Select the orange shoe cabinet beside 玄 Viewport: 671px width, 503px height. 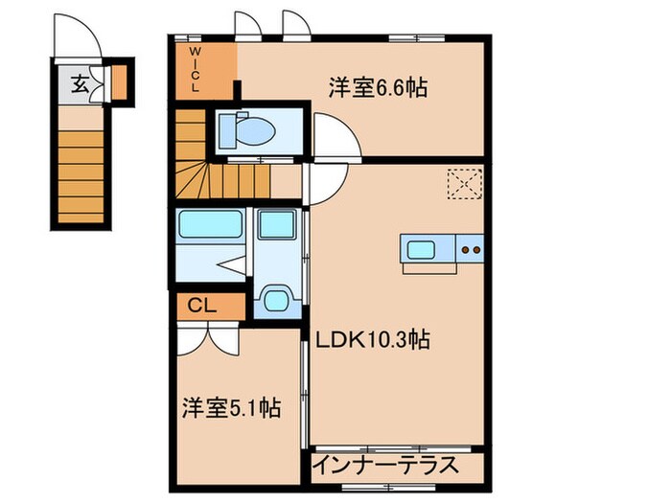pyautogui.click(x=119, y=82)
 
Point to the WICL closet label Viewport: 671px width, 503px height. pyautogui.click(x=195, y=69)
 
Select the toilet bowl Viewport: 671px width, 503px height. pyautogui.click(x=241, y=127)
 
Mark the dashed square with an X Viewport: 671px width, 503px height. pyautogui.click(x=464, y=182)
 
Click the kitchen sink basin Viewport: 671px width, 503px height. pyautogui.click(x=421, y=250)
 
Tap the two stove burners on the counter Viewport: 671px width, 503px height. pyautogui.click(x=471, y=250)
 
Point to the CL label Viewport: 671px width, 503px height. pyautogui.click(x=201, y=307)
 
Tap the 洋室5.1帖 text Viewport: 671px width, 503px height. pyautogui.click(x=231, y=409)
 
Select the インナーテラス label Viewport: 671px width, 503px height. pyautogui.click(x=384, y=469)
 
